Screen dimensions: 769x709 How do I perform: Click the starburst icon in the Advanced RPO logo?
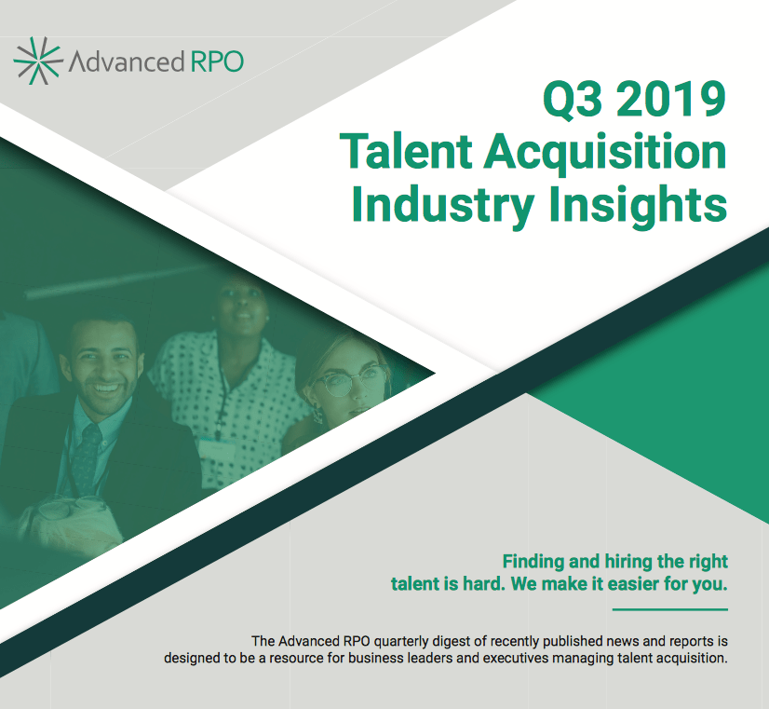38,61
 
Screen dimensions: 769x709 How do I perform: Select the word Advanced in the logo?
127,61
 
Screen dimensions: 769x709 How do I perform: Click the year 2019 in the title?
671,99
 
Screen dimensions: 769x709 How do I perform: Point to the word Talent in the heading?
406,151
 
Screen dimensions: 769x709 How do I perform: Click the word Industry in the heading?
443,205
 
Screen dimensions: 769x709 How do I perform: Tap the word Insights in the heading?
638,205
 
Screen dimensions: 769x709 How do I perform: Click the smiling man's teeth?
106,389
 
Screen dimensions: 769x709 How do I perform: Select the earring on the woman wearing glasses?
317,416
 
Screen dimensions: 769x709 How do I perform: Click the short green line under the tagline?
670,610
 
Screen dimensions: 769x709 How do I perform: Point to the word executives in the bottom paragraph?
516,658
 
